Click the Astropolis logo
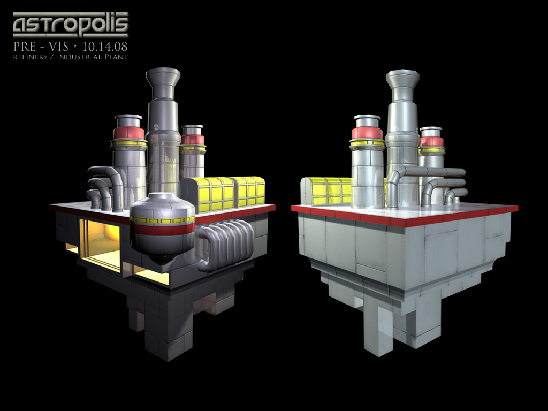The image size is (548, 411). coord(70,25)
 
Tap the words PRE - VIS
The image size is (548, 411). coord(41,46)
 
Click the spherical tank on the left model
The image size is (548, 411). coord(162,225)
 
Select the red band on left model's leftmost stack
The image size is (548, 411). coord(128,133)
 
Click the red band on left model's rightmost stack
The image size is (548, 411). coord(192,140)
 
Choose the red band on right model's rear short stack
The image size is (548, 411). coord(431,141)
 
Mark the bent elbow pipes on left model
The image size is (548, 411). coord(105,187)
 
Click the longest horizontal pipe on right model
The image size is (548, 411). coord(433,171)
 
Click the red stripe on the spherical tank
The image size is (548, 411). coord(163,229)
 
